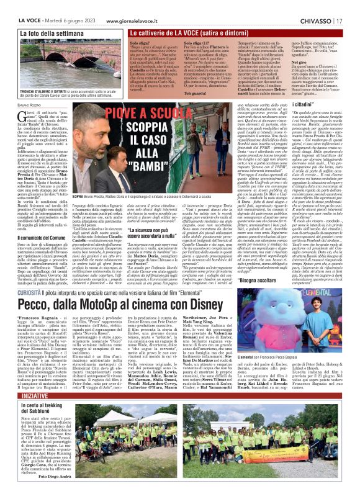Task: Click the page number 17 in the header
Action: [x=353, y=6]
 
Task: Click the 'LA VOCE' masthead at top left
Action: [x=15, y=6]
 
